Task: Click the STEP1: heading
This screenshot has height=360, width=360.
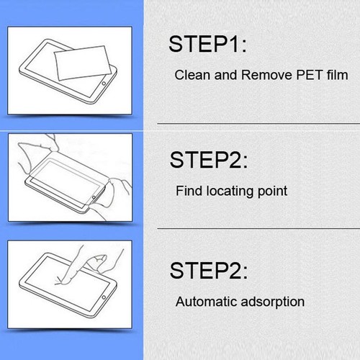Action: pos(207,44)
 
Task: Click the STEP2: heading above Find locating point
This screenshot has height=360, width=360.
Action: pos(207,159)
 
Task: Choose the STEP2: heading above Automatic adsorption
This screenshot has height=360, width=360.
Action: pos(207,271)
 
